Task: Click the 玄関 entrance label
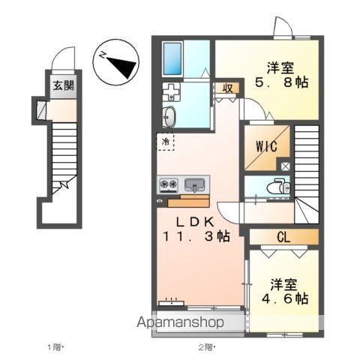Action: click(61, 85)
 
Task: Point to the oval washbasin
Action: click(169, 117)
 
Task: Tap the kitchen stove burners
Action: click(169, 185)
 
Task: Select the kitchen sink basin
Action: click(196, 184)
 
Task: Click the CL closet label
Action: click(283, 238)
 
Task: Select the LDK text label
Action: click(196, 222)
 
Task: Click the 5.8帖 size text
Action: click(280, 82)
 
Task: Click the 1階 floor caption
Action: click(57, 347)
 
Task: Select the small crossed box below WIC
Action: click(285, 166)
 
